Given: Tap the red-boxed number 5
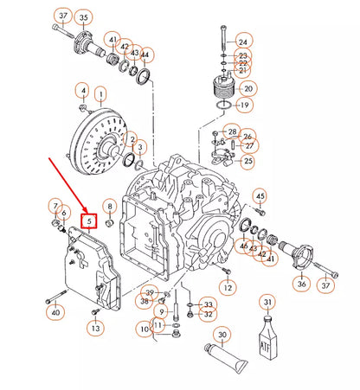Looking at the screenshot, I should (87, 221).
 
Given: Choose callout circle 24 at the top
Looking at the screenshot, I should (242, 41).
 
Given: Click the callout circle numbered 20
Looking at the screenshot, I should (248, 87).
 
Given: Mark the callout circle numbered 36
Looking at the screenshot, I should (300, 284).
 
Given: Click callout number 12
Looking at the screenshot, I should (227, 286).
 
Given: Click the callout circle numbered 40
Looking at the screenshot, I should (55, 312).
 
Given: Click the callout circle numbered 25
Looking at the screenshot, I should (247, 160).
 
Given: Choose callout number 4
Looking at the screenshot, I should (82, 91).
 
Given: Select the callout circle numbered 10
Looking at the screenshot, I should (143, 329).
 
